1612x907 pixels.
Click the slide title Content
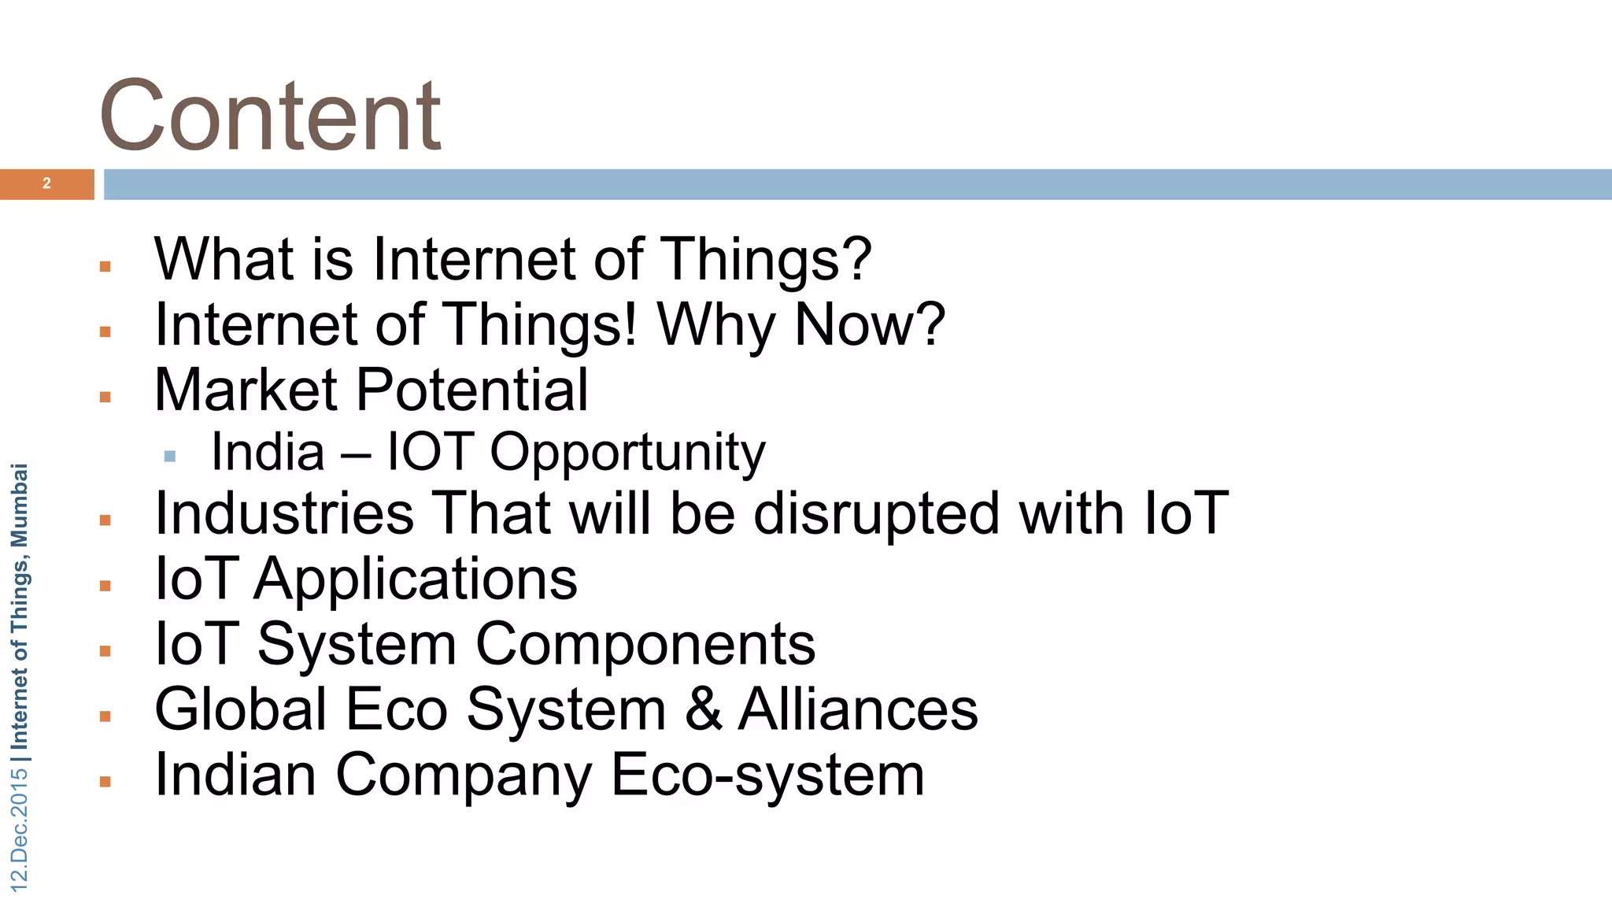click(x=270, y=117)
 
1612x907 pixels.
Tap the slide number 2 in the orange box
click(x=46, y=183)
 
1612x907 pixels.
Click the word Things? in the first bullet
click(x=766, y=259)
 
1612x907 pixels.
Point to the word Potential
click(x=472, y=390)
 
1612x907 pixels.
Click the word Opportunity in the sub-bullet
click(x=627, y=453)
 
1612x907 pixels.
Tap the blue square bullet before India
click(x=169, y=456)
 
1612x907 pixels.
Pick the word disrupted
click(x=876, y=513)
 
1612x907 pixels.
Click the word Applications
click(x=416, y=579)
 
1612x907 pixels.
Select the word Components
click(x=645, y=644)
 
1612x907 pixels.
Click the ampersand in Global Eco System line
click(x=703, y=709)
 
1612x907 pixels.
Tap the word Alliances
click(x=858, y=709)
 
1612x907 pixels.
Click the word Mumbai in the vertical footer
click(x=19, y=505)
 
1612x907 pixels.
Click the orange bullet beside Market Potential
click(x=105, y=398)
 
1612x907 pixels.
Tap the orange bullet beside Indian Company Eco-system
click(x=105, y=782)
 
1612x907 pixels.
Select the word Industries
click(x=284, y=513)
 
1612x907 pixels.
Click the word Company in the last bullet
click(x=464, y=775)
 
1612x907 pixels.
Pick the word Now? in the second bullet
click(x=869, y=324)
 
